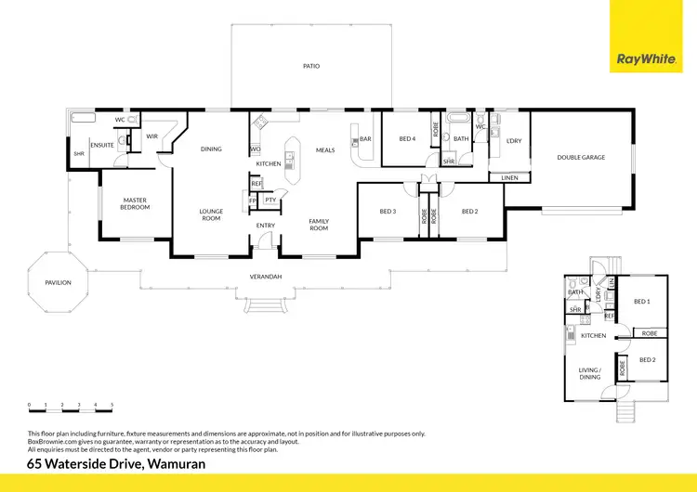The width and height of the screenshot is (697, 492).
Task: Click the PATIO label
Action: point(311,67)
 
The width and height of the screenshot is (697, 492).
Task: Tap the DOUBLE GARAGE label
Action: point(581,157)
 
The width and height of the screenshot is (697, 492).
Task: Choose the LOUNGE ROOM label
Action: point(212,214)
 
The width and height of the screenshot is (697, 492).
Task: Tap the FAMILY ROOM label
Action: point(319,224)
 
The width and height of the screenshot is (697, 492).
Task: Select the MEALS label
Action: point(324,149)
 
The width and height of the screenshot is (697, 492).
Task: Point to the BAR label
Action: point(365,140)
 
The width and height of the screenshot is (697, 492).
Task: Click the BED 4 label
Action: point(406,138)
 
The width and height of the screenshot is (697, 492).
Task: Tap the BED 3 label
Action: point(388,211)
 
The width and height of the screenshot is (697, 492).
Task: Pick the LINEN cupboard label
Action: point(509,177)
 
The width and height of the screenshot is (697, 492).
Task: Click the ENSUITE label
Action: point(103,145)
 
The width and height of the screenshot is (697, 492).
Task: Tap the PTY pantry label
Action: point(270,200)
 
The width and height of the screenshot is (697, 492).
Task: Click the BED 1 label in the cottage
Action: point(641,302)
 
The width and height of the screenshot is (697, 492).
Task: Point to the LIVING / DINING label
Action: point(590,373)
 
